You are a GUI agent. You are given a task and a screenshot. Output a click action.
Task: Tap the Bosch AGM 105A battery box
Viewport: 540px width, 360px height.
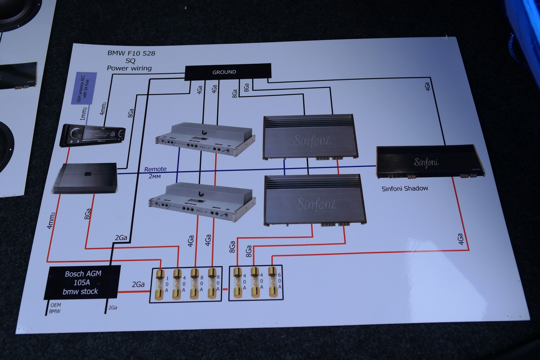pos(82,282)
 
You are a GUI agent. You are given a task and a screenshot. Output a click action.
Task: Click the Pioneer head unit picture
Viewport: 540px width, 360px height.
pos(92,135)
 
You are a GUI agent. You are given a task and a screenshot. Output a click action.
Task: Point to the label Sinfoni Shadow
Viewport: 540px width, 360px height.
pos(405,189)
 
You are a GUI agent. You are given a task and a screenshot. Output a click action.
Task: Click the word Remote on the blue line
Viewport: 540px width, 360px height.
pos(155,169)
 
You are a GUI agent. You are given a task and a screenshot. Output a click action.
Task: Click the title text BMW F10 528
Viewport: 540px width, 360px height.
pos(131,53)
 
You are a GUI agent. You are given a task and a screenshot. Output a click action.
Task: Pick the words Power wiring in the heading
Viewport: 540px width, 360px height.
pos(129,68)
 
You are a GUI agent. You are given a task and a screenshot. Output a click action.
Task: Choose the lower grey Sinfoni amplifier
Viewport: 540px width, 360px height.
pos(315,201)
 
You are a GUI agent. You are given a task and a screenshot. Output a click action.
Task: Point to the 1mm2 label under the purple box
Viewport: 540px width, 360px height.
pos(84,114)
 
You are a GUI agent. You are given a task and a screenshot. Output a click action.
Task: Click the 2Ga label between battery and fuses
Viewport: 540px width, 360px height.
pos(138,284)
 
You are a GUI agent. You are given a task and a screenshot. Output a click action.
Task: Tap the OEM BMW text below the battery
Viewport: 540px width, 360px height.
pos(55,308)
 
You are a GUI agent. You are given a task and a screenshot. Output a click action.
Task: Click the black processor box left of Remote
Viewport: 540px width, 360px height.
pos(85,177)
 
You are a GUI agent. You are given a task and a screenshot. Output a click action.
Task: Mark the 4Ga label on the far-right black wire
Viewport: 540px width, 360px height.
pos(427,87)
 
